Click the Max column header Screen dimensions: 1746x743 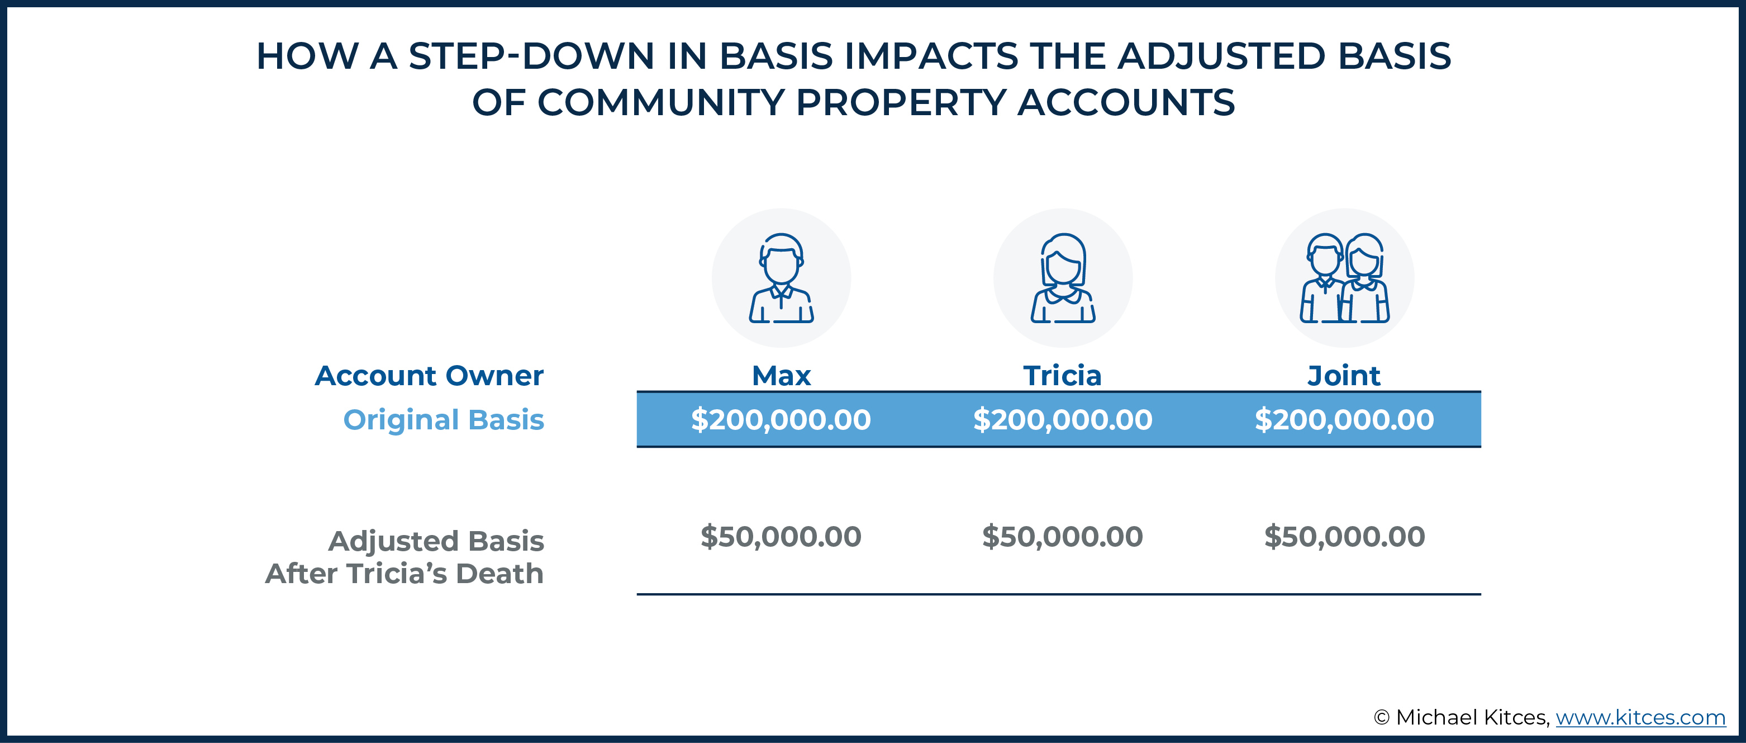pyautogui.click(x=781, y=376)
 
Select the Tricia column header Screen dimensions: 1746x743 pyautogui.click(x=1062, y=376)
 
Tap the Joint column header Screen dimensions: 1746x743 pyautogui.click(x=1343, y=376)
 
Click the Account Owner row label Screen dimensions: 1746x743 pyautogui.click(x=429, y=376)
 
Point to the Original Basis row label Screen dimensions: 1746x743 pyautogui.click(x=443, y=420)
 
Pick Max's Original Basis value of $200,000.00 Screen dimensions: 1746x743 pyautogui.click(x=781, y=420)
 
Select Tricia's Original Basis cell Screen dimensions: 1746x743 pyautogui.click(x=1062, y=420)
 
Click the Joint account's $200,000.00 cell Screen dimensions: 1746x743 pyautogui.click(x=1344, y=420)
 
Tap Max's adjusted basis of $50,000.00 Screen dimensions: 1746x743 pyautogui.click(x=781, y=536)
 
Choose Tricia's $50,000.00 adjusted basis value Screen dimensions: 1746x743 pyautogui.click(x=1062, y=536)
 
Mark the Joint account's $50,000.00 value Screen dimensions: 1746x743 pyautogui.click(x=1344, y=536)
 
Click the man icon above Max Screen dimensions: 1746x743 pyautogui.click(x=781, y=278)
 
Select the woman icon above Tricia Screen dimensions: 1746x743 pyautogui.click(x=1063, y=278)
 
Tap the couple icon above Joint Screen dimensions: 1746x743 pyautogui.click(x=1344, y=278)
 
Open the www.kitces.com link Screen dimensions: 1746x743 pyautogui.click(x=1640, y=717)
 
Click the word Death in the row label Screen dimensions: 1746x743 pyautogui.click(x=499, y=574)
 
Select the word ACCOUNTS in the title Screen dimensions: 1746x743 pyautogui.click(x=1126, y=102)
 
